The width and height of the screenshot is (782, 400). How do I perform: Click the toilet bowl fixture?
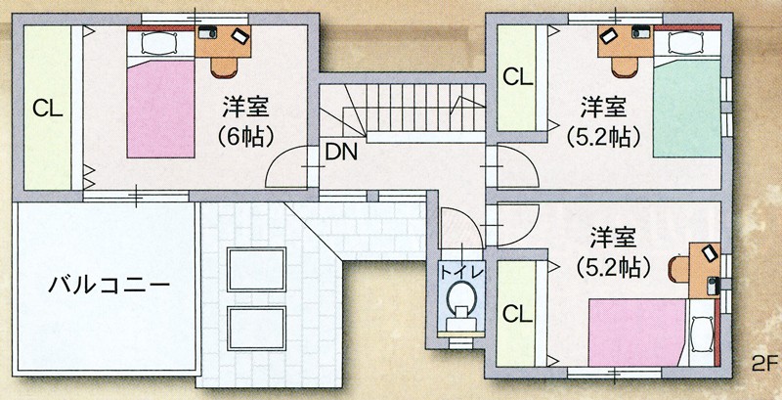(458, 297)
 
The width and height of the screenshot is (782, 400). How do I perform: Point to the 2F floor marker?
(763, 362)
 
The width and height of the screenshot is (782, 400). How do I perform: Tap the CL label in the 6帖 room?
(47, 110)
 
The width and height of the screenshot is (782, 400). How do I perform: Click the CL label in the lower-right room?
(517, 313)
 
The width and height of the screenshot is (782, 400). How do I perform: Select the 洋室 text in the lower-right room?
(614, 236)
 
